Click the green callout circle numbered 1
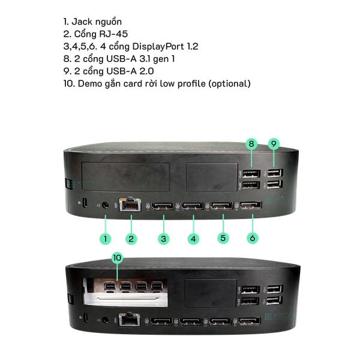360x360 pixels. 105,239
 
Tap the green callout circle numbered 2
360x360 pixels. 131,239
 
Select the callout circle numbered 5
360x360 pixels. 223,238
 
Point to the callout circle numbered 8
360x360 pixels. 251,144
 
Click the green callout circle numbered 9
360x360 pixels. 274,144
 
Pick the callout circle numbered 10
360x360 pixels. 117,257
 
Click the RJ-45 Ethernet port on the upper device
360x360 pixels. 130,205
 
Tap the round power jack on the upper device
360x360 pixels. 105,205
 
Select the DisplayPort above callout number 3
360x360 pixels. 163,206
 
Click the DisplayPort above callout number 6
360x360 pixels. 251,205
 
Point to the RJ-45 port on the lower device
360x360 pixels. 129,319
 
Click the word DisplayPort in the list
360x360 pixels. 158,47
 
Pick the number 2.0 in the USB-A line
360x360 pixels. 147,71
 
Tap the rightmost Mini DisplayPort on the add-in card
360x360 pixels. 157,286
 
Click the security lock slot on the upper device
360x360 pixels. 85,203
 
